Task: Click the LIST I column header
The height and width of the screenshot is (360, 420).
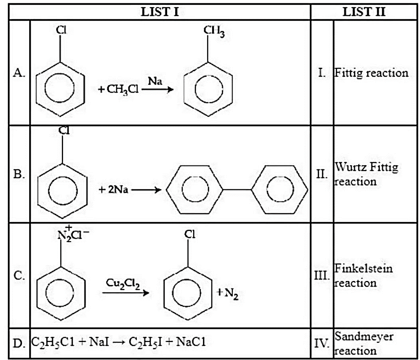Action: [x=160, y=12]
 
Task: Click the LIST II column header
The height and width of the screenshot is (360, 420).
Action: [x=364, y=12]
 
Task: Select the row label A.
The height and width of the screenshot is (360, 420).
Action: [x=19, y=73]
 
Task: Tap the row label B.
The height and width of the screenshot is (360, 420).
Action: [x=19, y=174]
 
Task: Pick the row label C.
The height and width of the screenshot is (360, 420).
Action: [x=19, y=275]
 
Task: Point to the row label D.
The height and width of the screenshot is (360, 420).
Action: [x=19, y=343]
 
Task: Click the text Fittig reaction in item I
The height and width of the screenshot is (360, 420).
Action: [x=371, y=73]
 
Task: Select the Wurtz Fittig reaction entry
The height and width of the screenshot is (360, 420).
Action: [x=366, y=174]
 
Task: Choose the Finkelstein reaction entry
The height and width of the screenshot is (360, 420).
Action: [x=363, y=275]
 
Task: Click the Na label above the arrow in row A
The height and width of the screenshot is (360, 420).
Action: [x=155, y=81]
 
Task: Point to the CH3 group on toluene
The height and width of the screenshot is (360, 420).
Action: [x=214, y=31]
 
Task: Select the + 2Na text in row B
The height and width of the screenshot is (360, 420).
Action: [x=114, y=190]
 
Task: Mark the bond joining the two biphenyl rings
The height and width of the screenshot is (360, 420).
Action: [x=237, y=190]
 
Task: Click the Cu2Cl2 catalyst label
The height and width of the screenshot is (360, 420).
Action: [x=123, y=284]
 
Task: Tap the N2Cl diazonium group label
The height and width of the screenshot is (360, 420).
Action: [x=73, y=234]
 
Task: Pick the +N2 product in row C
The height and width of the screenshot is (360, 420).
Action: [x=227, y=294]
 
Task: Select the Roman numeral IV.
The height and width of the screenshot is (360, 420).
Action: [x=322, y=343]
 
